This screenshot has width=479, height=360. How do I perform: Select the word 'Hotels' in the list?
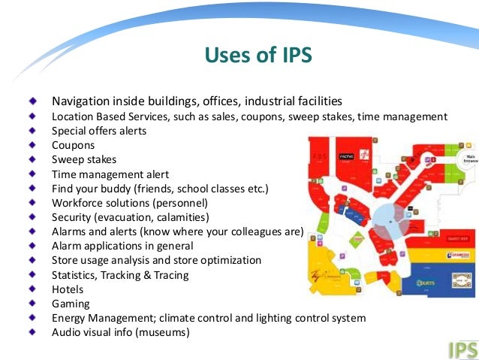[68, 289]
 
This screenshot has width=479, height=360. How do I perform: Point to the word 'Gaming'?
[71, 304]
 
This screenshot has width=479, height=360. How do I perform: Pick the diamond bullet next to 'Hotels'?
[32, 289]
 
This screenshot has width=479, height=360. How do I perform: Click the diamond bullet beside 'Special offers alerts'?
[32, 130]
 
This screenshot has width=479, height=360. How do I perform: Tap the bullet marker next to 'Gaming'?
[32, 303]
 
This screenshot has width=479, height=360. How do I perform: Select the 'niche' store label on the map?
[346, 157]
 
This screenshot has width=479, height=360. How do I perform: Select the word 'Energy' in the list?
[70, 318]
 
